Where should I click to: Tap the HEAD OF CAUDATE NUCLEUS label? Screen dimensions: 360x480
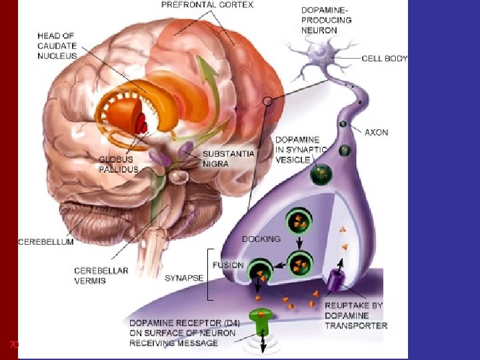tap(57, 45)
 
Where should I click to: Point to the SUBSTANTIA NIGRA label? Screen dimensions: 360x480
tap(228, 159)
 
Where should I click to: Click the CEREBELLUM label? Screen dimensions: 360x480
tap(45, 242)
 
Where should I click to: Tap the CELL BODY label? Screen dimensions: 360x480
tap(384, 59)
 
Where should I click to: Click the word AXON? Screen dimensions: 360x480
tap(376, 133)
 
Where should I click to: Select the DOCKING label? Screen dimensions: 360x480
tap(261, 238)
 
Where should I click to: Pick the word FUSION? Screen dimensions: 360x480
tap(227, 265)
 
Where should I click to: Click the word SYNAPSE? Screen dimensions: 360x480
tap(183, 277)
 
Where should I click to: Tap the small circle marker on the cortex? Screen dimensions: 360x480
tap(267, 101)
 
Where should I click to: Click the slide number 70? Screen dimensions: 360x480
tap(13, 345)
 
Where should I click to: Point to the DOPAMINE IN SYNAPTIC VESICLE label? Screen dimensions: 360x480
tap(302, 150)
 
